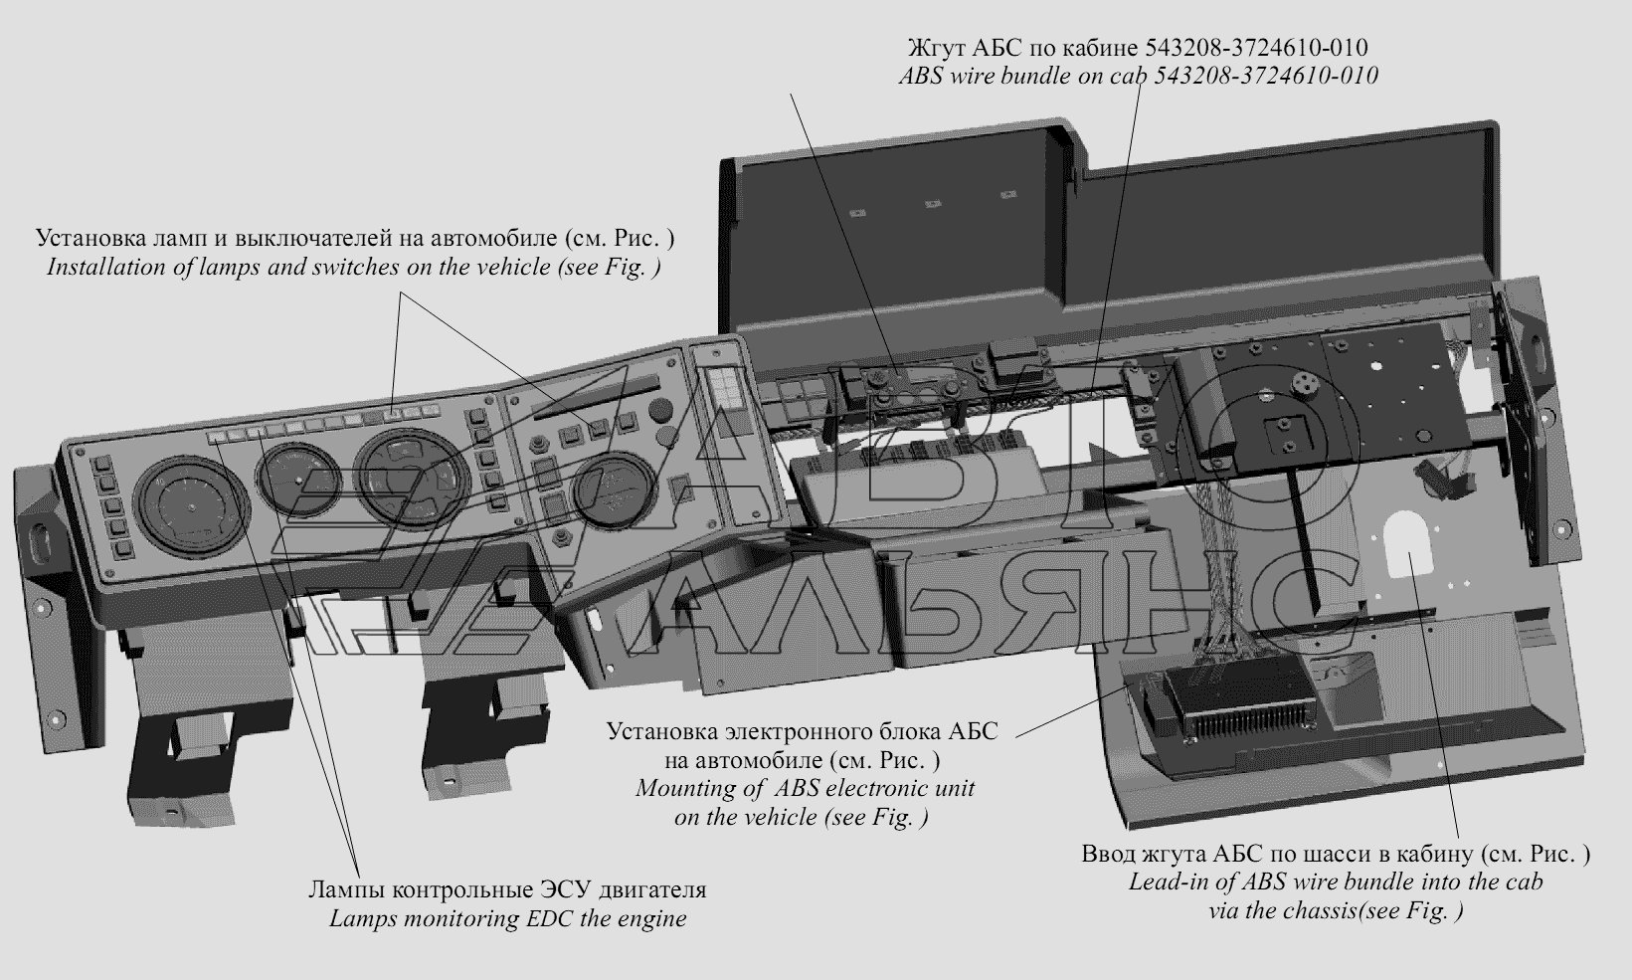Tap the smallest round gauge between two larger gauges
click(298, 479)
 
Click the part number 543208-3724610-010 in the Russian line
click(1256, 48)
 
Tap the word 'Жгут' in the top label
click(935, 48)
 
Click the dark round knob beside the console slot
click(660, 408)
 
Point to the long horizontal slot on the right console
click(595, 398)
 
